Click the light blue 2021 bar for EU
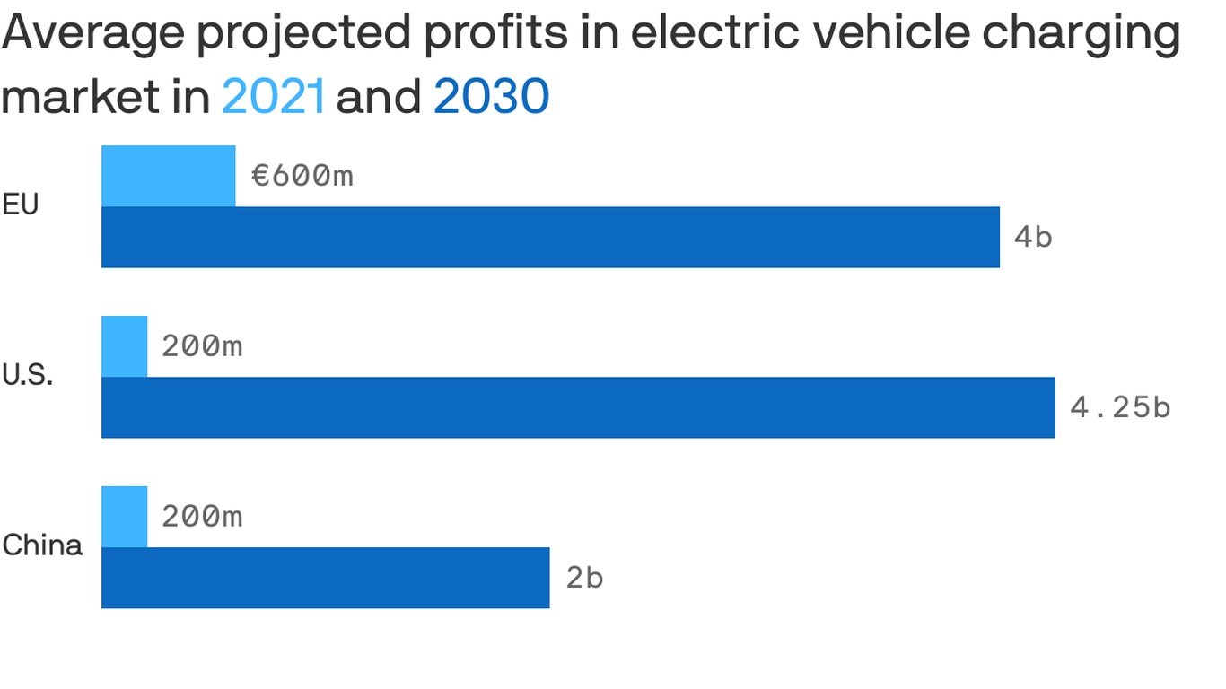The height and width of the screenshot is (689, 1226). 169,176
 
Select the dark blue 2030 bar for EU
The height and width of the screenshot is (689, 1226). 550,237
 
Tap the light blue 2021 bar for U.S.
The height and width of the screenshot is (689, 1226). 125,346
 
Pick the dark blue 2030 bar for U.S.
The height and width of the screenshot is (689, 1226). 578,407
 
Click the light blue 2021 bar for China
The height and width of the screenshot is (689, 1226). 125,517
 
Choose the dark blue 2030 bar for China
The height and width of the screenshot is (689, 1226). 325,578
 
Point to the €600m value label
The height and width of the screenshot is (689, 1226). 302,176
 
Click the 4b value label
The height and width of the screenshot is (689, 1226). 1033,238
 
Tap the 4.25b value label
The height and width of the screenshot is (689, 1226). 1120,407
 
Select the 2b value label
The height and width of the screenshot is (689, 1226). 584,578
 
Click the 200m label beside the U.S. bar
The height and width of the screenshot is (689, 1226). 202,346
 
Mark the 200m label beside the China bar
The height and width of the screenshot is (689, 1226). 202,517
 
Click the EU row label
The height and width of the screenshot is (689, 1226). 21,205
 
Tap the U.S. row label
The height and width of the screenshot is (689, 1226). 27,376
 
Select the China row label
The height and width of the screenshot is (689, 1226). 41,545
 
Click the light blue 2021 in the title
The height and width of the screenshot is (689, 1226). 273,97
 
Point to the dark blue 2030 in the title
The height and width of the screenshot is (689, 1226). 491,97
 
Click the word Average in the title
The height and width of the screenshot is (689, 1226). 92,34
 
